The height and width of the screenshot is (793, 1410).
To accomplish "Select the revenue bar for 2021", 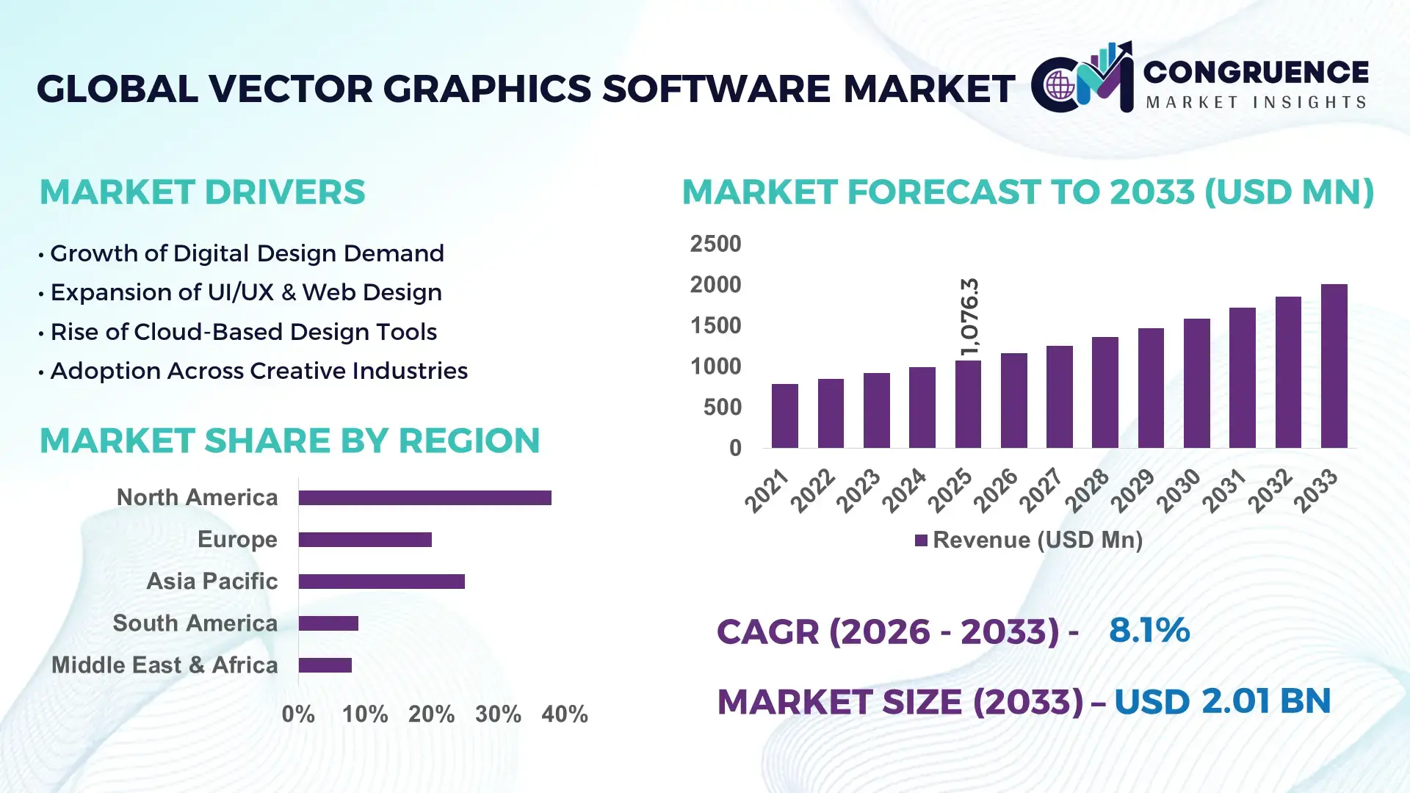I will click(x=784, y=416).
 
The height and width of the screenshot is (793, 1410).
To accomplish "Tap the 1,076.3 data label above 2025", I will click(x=969, y=316).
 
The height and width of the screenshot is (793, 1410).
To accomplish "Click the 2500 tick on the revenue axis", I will click(x=715, y=244).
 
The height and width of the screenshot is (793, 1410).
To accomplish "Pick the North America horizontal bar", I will click(x=424, y=498).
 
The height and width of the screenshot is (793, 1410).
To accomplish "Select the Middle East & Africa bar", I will click(x=325, y=665).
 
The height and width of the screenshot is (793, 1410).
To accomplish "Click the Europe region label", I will click(x=237, y=540).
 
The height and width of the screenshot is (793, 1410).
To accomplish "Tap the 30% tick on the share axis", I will click(x=498, y=714).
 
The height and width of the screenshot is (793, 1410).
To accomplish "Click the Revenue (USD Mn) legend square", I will click(x=921, y=540).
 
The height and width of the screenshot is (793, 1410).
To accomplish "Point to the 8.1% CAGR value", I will click(x=1149, y=630).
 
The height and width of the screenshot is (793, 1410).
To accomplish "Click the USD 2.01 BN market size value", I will click(x=1222, y=701).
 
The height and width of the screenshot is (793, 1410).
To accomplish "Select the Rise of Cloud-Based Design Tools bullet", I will click(x=243, y=332).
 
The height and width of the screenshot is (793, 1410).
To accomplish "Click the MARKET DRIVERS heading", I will click(x=202, y=192).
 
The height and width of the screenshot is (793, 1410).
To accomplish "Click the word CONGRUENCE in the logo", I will click(x=1256, y=72).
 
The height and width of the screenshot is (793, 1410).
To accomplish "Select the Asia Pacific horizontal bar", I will click(x=381, y=582).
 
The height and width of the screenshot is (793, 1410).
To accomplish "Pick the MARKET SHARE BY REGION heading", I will click(x=289, y=441).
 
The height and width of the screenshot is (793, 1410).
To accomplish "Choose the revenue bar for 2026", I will click(x=1013, y=400).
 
